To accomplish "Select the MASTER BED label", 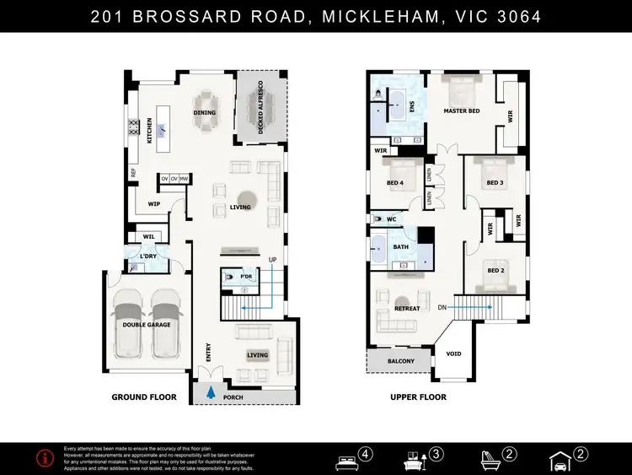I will click(x=462, y=111).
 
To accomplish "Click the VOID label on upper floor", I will click(x=453, y=354).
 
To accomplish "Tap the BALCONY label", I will click(x=400, y=361).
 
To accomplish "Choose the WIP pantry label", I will click(x=154, y=203).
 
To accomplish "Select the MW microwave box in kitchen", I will click(x=184, y=179).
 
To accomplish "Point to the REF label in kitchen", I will click(x=133, y=172).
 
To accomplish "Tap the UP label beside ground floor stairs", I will click(x=271, y=260).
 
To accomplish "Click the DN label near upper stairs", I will click(x=442, y=308).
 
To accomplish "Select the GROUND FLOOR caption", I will click(x=145, y=397).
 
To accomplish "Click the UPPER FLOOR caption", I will click(x=419, y=397).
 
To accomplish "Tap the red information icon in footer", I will click(x=40, y=458).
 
